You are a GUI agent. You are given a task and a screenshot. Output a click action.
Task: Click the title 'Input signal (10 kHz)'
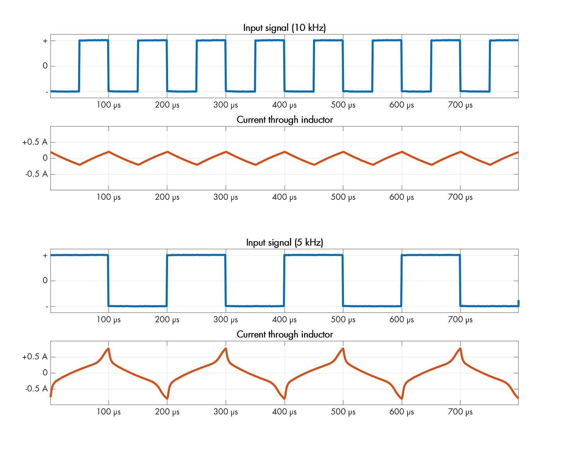point(284,28)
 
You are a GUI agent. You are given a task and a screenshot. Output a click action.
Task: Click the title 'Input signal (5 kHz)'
point(284,243)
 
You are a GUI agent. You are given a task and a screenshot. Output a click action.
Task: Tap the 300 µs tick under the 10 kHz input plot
point(225,105)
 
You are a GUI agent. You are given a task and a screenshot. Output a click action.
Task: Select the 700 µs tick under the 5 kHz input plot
point(460,319)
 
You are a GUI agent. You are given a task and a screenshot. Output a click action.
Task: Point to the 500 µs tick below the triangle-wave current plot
point(343,197)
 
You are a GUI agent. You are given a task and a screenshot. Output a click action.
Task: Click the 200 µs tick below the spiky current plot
point(167,412)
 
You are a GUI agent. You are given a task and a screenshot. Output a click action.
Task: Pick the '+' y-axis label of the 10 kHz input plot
point(45,41)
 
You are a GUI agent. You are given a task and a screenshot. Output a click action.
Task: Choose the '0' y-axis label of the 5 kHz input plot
point(45,280)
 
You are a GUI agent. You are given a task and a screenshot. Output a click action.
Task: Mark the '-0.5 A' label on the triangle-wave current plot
point(36,174)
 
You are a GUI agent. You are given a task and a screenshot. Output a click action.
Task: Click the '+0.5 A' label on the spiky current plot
point(35,357)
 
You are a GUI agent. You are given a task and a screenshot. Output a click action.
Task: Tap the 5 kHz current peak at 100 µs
point(108,348)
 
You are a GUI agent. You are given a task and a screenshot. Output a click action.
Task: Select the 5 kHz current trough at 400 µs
point(284,398)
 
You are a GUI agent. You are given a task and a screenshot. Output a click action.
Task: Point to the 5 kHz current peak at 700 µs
point(460,348)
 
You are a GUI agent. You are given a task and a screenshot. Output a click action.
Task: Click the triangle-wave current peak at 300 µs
point(226,152)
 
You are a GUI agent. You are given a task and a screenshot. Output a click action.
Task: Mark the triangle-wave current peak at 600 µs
point(402,152)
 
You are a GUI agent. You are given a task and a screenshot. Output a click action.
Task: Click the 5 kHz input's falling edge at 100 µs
point(108,280)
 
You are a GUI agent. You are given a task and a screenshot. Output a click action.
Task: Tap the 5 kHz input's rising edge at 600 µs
point(401,280)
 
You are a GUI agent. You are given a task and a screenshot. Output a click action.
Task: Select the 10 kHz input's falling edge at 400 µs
point(284,66)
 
